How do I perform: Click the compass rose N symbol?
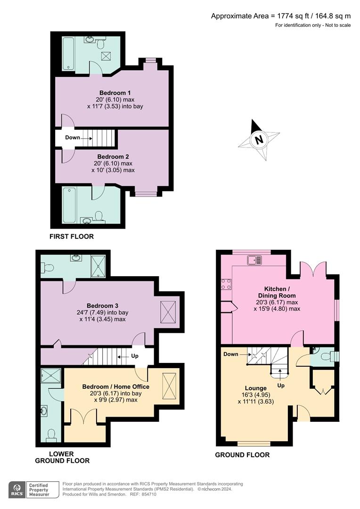[258, 140]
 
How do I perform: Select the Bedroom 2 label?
[113, 156]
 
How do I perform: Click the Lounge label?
[256, 388]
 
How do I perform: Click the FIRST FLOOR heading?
[72, 237]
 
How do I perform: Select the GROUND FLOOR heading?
[242, 455]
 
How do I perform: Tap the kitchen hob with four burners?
[226, 284]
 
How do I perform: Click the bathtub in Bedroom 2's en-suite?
[69, 205]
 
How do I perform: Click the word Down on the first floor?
[73, 138]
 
